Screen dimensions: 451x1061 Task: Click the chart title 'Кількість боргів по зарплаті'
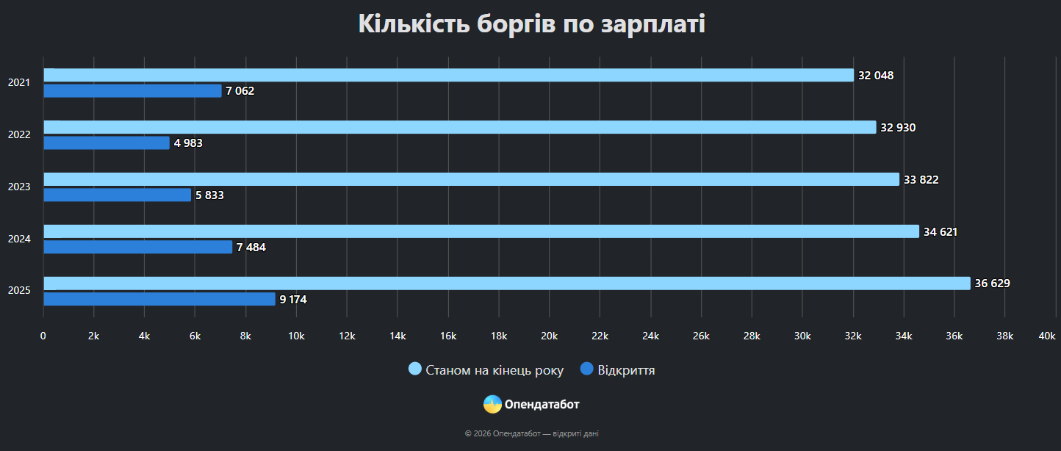point(531,24)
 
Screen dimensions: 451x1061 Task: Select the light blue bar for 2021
point(448,75)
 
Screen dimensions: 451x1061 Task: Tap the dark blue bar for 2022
point(107,143)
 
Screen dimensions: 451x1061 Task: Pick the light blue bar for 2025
point(507,284)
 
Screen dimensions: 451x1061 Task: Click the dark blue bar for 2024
point(138,248)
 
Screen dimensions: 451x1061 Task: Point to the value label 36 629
point(993,284)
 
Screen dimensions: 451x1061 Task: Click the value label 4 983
point(188,143)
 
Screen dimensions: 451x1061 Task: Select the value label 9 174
point(293,300)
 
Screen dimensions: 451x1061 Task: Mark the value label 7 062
point(240,91)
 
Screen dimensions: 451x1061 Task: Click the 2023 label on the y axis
point(19,187)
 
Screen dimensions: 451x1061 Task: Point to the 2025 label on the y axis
point(19,292)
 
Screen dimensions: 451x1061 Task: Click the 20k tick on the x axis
point(549,336)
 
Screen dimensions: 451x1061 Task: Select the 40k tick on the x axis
point(1046,336)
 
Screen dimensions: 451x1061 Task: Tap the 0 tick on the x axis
point(43,336)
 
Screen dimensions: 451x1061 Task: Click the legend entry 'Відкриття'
point(626,370)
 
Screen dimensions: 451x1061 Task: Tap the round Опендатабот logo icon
point(492,404)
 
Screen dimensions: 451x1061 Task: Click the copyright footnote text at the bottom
point(531,433)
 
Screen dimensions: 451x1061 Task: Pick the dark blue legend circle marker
point(586,369)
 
